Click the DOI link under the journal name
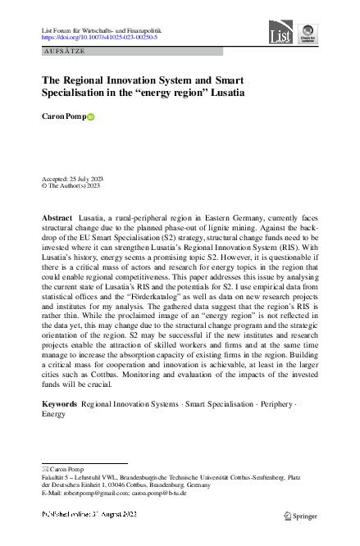(99, 38)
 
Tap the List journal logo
(280, 33)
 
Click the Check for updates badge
(307, 34)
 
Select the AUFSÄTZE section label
(64, 51)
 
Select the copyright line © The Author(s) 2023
(71, 186)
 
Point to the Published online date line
(89, 514)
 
